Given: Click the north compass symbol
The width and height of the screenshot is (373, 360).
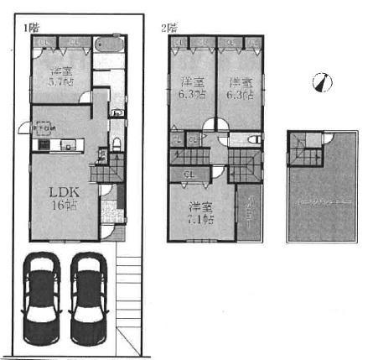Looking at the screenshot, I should point(321,82).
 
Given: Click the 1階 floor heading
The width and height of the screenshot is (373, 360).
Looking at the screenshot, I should point(30,27).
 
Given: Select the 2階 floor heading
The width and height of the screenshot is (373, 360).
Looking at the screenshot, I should point(169,27).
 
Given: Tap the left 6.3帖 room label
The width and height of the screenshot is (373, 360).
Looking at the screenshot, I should point(192,88).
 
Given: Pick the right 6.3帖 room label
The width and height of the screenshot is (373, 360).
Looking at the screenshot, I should point(241,88).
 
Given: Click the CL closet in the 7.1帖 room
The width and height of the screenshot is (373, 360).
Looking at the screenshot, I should point(189,174).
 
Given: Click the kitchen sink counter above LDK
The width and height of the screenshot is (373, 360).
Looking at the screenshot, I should point(55,144).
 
